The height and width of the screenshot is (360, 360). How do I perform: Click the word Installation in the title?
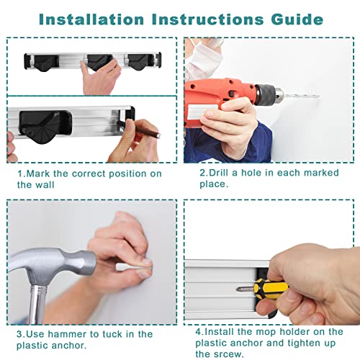pos(91,19)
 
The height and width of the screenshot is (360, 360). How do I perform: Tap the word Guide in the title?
pos(297,19)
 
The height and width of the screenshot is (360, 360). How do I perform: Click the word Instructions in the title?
pos(208,19)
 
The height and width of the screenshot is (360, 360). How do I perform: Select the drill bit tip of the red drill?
pos(318,96)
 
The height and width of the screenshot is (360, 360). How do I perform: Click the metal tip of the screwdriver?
pos(245,289)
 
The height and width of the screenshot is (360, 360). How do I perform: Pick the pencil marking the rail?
pos(138,129)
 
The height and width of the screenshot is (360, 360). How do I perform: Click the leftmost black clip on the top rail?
pos(45,63)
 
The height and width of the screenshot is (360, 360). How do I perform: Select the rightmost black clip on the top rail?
pos(139,62)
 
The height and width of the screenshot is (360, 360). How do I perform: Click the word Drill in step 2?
pos(218,173)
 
